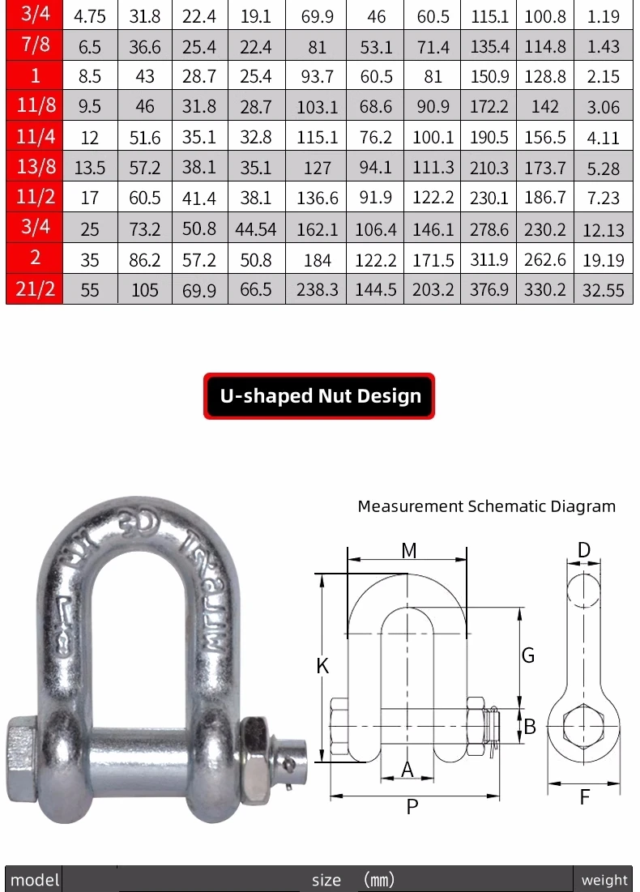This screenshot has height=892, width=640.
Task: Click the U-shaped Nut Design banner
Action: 319,396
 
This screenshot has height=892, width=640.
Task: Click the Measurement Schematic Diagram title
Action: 486,506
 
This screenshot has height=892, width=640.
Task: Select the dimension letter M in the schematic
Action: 409,550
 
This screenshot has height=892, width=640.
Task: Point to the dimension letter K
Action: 322,666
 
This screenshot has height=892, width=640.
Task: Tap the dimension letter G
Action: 528,655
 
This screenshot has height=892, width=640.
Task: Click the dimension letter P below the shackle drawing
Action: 412,807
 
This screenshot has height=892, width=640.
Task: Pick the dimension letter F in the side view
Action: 585,797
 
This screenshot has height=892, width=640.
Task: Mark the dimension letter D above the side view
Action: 583,550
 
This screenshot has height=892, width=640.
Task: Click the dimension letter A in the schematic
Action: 407,769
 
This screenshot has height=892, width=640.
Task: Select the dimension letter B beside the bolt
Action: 530,727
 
